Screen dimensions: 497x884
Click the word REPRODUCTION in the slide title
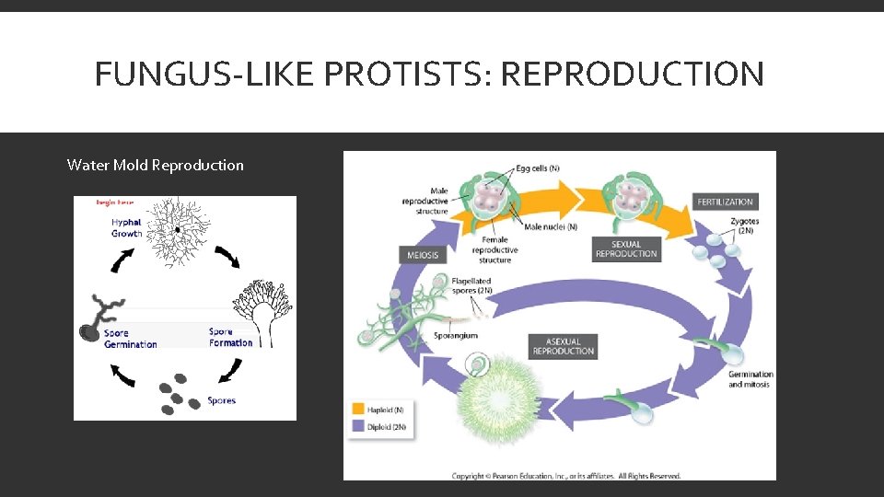(631, 74)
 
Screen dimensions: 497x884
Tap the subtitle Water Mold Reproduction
(156, 166)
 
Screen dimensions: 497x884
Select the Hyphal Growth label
(127, 228)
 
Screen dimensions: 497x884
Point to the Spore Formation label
(230, 337)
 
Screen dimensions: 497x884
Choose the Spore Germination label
(130, 339)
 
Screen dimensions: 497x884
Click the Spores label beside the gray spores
(222, 400)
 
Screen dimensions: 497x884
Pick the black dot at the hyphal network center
(177, 229)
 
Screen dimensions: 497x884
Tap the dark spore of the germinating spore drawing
(89, 332)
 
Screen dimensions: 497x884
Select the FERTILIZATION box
(725, 202)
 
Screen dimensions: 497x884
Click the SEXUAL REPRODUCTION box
(626, 248)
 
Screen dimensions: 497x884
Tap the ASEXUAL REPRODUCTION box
(564, 346)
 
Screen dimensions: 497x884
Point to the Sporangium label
(456, 336)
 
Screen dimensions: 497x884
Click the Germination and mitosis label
(750, 379)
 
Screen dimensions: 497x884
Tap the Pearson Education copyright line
(566, 476)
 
